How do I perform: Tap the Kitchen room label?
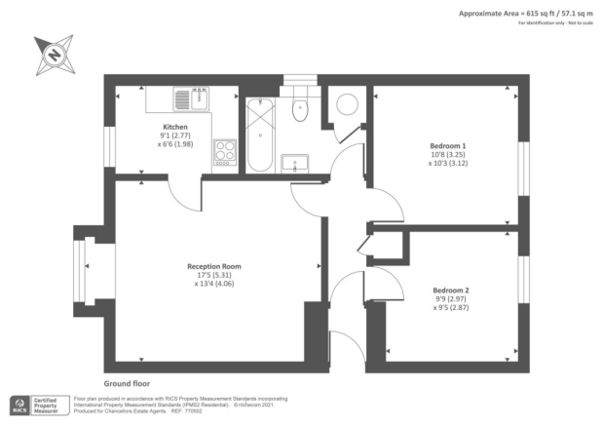[x=175, y=126]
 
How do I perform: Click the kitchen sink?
[x=192, y=98]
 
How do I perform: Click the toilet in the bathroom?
[x=300, y=106]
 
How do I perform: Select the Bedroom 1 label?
[x=448, y=145]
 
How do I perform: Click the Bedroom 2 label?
[x=450, y=290]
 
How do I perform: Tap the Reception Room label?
[x=214, y=265]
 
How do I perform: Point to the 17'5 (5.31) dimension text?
[x=214, y=275]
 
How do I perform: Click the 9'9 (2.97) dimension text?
[x=450, y=299]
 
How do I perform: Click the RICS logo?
[x=19, y=405]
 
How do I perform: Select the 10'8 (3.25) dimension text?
[x=448, y=155]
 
